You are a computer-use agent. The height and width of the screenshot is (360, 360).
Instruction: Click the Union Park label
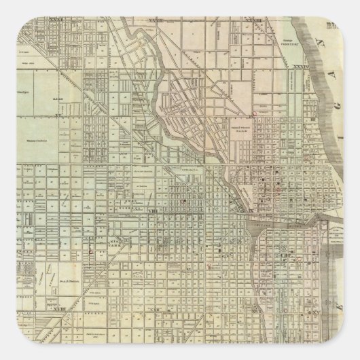click(x=102, y=240)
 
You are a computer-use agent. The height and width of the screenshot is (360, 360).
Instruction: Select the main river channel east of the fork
click(x=272, y=221)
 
